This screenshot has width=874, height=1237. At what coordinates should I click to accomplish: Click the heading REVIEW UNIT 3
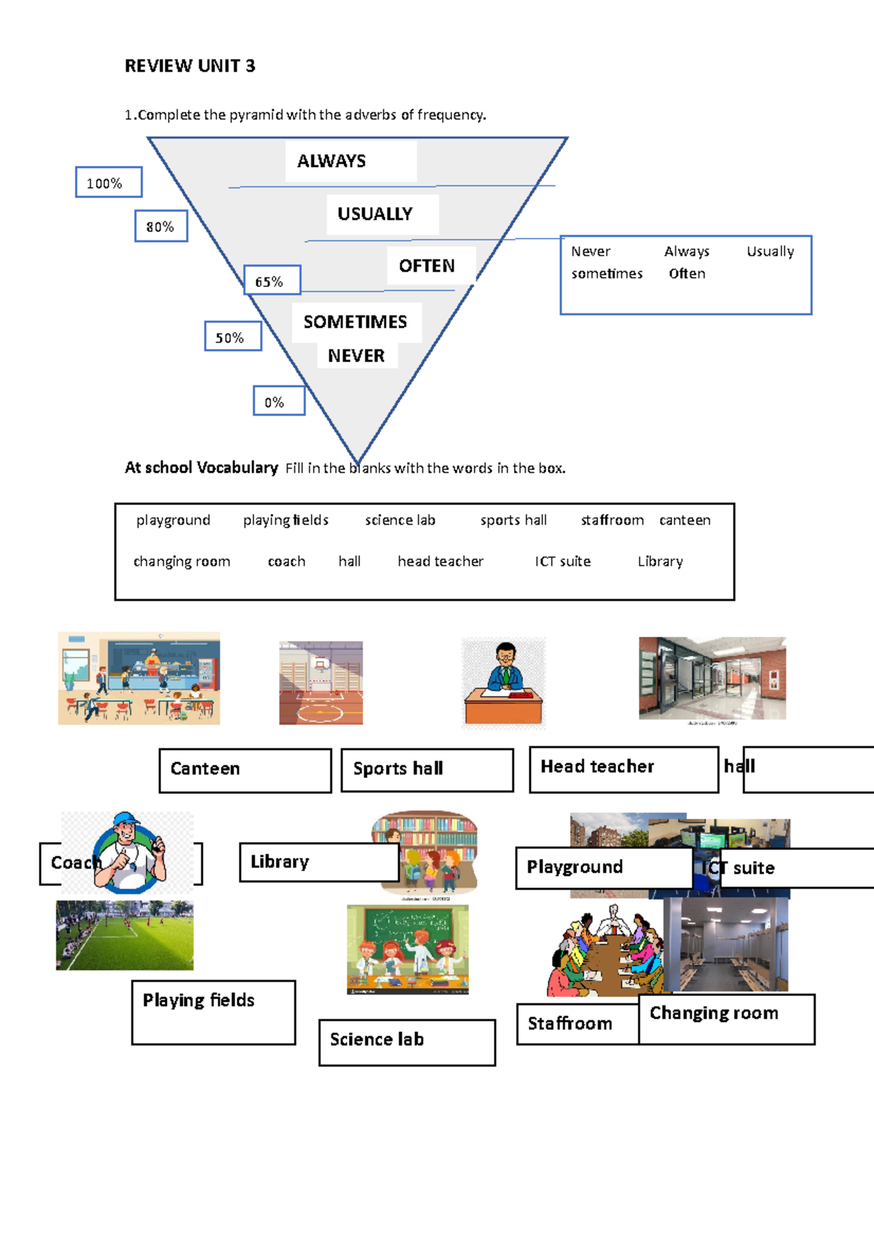click(190, 66)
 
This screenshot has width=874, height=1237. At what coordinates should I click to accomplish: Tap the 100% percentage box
click(109, 182)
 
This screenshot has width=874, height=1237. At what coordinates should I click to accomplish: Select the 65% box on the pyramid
click(272, 280)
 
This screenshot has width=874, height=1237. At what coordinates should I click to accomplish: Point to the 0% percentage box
click(279, 401)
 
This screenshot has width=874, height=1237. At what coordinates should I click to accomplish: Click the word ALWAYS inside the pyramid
click(331, 161)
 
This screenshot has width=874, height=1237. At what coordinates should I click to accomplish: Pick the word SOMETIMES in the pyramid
click(355, 322)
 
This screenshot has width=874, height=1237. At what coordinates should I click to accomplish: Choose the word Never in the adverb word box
click(591, 251)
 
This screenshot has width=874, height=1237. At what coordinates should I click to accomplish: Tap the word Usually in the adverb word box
click(770, 251)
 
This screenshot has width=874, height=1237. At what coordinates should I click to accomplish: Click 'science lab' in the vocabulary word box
click(400, 520)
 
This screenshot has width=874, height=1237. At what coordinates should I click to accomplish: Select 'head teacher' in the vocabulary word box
click(441, 561)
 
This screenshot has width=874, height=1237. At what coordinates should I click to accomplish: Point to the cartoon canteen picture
click(139, 678)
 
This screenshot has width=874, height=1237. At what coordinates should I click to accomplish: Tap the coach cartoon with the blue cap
click(131, 852)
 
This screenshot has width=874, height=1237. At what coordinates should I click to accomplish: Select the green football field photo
click(125, 935)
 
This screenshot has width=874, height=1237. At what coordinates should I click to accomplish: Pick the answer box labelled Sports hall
click(427, 769)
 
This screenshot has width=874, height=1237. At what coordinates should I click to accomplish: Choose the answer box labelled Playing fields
click(213, 1012)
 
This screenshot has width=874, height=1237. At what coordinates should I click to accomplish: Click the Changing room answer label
click(726, 1018)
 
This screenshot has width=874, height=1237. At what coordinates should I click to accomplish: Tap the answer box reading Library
click(319, 862)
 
